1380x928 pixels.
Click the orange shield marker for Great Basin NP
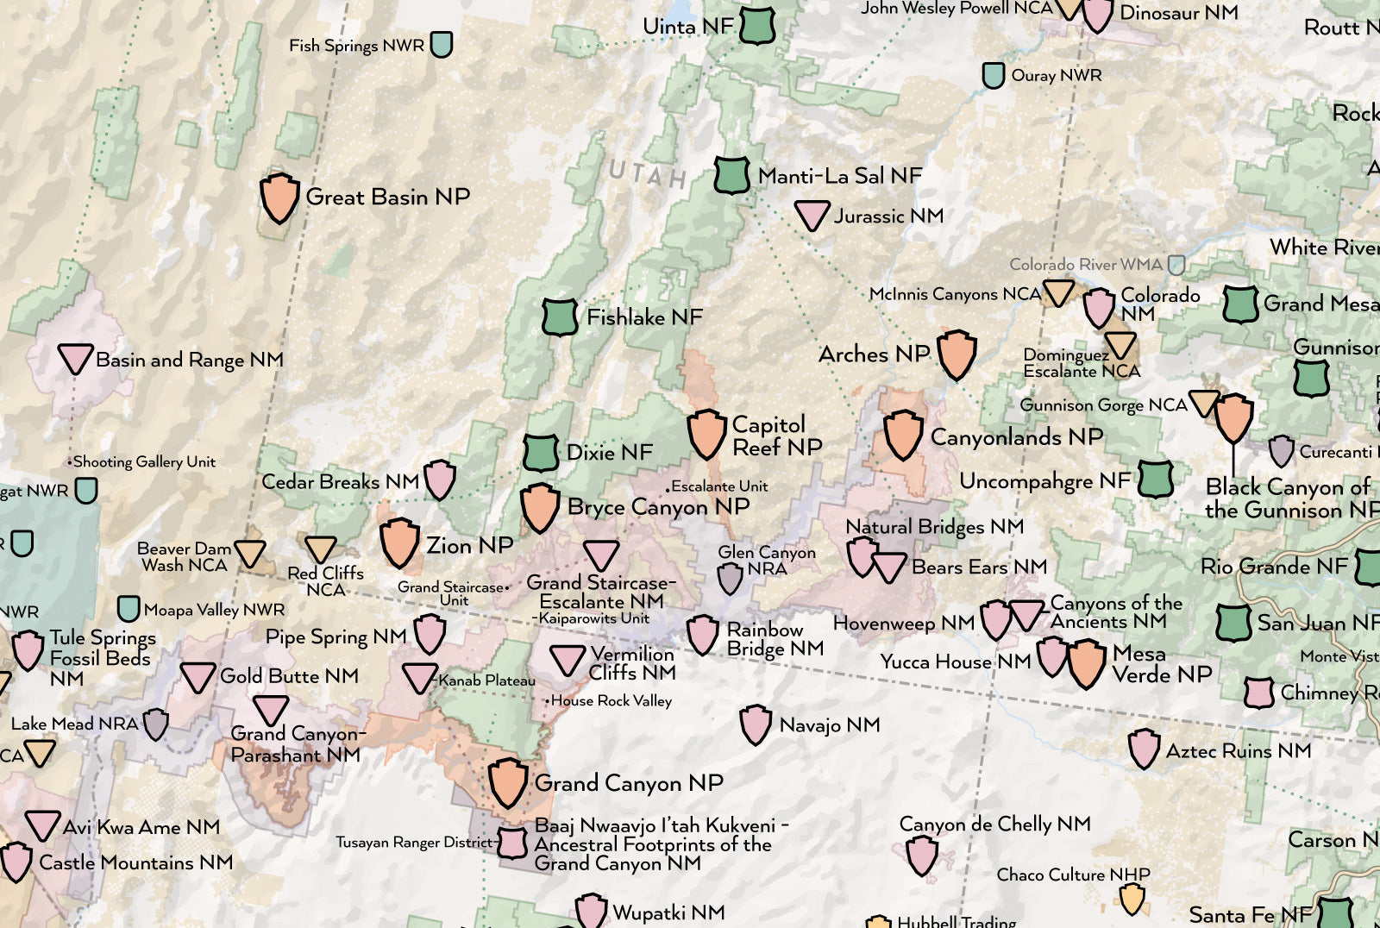pos(279,198)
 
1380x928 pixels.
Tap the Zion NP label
pos(469,545)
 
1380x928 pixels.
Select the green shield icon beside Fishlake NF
pos(559,317)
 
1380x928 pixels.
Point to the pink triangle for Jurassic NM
pos(812,214)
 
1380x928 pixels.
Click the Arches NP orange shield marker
pos(957,354)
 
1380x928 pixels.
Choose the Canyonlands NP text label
pos(1016,437)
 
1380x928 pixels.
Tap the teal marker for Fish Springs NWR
pos(442,44)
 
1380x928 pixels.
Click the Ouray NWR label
pos(1056,76)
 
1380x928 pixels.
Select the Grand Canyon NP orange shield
pos(508,782)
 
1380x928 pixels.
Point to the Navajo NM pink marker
pos(756,724)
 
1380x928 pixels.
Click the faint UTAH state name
pos(647,175)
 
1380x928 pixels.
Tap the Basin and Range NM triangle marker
pos(75,358)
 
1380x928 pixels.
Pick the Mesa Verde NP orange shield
pos(1087,663)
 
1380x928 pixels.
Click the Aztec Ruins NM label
pos(1238,751)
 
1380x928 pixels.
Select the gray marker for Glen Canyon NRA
pos(731,578)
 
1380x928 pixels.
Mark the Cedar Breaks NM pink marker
pos(440,480)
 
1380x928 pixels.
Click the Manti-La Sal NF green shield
pos(731,175)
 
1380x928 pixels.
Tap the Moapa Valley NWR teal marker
pos(129,609)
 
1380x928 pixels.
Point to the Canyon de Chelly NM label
pos(994,825)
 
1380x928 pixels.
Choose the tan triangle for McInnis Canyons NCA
pos(1058,292)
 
